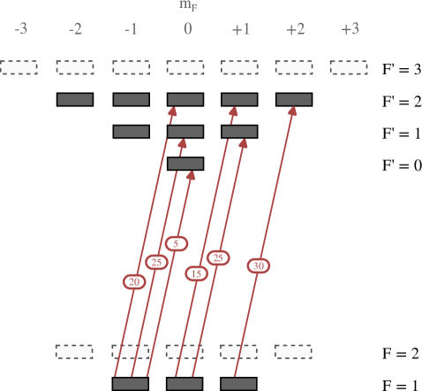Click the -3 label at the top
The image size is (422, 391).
pyautogui.click(x=20, y=30)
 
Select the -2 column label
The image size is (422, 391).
pyautogui.click(x=75, y=30)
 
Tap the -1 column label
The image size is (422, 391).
pyautogui.click(x=131, y=30)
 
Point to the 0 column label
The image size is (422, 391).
pyautogui.click(x=187, y=30)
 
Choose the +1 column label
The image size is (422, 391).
pyautogui.click(x=240, y=30)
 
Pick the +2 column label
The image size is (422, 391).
pyautogui.click(x=295, y=30)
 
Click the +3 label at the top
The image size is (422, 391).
pyautogui.click(x=350, y=30)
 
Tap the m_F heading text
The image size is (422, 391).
pyautogui.click(x=187, y=5)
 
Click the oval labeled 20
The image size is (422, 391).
pyautogui.click(x=134, y=282)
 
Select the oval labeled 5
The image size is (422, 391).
pyautogui.click(x=177, y=243)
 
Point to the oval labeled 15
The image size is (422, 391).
pyautogui.click(x=196, y=273)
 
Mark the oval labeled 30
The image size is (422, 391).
pyautogui.click(x=258, y=265)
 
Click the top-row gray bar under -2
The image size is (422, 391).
pyautogui.click(x=75, y=100)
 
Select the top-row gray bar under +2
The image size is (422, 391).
pyautogui.click(x=294, y=100)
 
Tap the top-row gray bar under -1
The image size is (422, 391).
pyautogui.click(x=132, y=100)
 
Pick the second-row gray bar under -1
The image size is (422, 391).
pyautogui.click(x=132, y=132)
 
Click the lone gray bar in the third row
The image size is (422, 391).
pyautogui.click(x=185, y=164)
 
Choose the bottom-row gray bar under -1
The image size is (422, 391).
pyautogui.click(x=131, y=384)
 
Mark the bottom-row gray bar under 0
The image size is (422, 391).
pyautogui.click(x=185, y=384)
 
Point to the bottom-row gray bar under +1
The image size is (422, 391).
pyautogui.click(x=238, y=384)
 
